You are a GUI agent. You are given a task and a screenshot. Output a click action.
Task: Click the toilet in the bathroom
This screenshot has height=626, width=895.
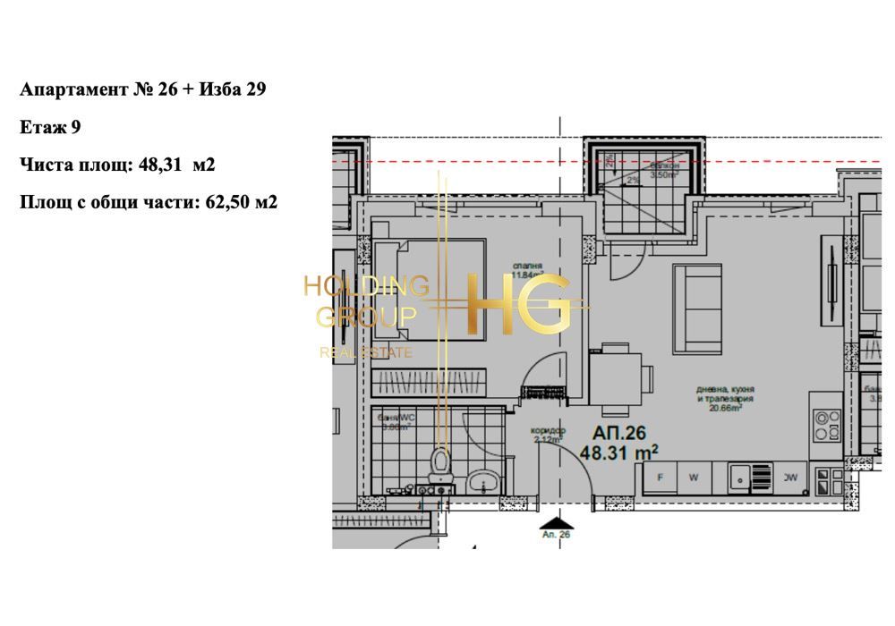tap(439, 463)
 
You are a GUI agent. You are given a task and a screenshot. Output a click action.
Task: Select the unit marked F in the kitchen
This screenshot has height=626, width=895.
tap(661, 478)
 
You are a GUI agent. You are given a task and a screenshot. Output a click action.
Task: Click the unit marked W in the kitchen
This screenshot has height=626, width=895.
tap(694, 478)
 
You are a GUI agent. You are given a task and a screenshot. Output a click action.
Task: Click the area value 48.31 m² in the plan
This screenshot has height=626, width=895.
tap(620, 453)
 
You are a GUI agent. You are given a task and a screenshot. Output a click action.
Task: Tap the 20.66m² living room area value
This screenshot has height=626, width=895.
tap(726, 408)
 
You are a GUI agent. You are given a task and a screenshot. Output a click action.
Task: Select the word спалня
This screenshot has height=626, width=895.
tap(528, 266)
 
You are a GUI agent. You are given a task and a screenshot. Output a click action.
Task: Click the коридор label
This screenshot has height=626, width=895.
tap(549, 430)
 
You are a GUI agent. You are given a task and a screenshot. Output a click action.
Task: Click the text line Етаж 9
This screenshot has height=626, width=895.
tap(50, 127)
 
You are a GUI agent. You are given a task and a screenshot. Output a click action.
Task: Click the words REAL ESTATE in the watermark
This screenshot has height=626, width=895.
tap(365, 352)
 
